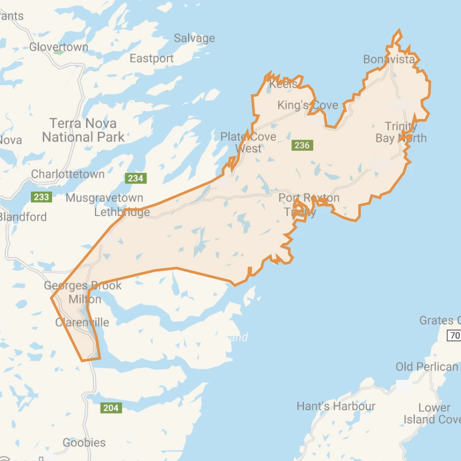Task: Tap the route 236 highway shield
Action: pyautogui.click(x=302, y=145)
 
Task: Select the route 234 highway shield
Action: pyautogui.click(x=136, y=178)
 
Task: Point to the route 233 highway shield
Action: pyautogui.click(x=41, y=197)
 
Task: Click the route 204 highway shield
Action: pyautogui.click(x=111, y=408)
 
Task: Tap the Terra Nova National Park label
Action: pyautogui.click(x=83, y=130)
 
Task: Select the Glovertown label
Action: pyautogui.click(x=59, y=47)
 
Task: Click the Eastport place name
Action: pyautogui.click(x=152, y=59)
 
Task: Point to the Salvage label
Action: pyautogui.click(x=194, y=38)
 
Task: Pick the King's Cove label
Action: pyautogui.click(x=307, y=105)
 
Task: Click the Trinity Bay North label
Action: pyautogui.click(x=401, y=132)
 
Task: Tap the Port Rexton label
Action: pyautogui.click(x=309, y=198)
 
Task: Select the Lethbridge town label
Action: pyautogui.click(x=122, y=212)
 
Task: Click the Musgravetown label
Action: pyautogui.click(x=105, y=198)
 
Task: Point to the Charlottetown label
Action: pyautogui.click(x=68, y=174)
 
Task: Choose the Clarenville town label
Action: pyautogui.click(x=82, y=322)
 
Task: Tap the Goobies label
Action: pyautogui.click(x=84, y=443)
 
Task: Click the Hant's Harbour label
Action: pyautogui.click(x=336, y=406)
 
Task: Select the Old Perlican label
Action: pyautogui.click(x=427, y=367)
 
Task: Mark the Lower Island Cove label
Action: pyautogui.click(x=432, y=414)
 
